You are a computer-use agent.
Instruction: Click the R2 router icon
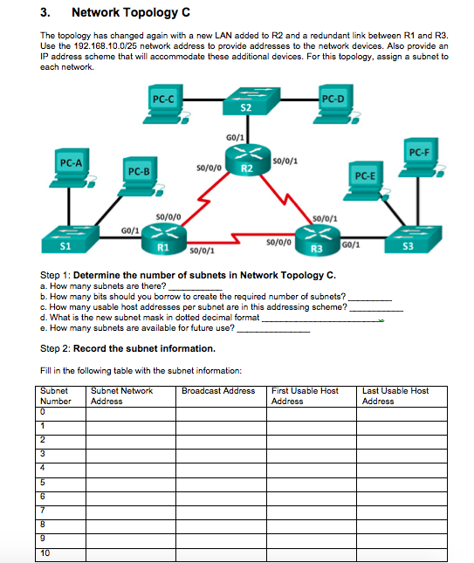tap(248, 160)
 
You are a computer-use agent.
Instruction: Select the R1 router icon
tap(164, 239)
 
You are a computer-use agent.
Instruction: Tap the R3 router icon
tap(318, 240)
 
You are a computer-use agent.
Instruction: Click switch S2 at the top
tap(251, 101)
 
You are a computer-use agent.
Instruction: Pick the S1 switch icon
tap(70, 239)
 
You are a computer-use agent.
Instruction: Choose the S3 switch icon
tap(413, 239)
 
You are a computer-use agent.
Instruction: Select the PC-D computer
tap(337, 104)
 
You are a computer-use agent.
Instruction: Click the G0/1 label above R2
tap(235, 138)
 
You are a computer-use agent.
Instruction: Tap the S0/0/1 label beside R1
tap(202, 251)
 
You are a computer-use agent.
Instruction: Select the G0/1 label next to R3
tap(351, 245)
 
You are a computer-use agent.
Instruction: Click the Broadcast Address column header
tap(218, 391)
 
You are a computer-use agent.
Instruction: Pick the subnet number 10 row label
tap(45, 553)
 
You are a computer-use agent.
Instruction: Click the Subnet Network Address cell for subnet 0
tap(131, 414)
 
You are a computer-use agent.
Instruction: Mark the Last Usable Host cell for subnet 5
tap(402, 484)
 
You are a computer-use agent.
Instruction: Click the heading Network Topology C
tap(131, 12)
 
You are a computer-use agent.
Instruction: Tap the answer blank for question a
tap(196, 287)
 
